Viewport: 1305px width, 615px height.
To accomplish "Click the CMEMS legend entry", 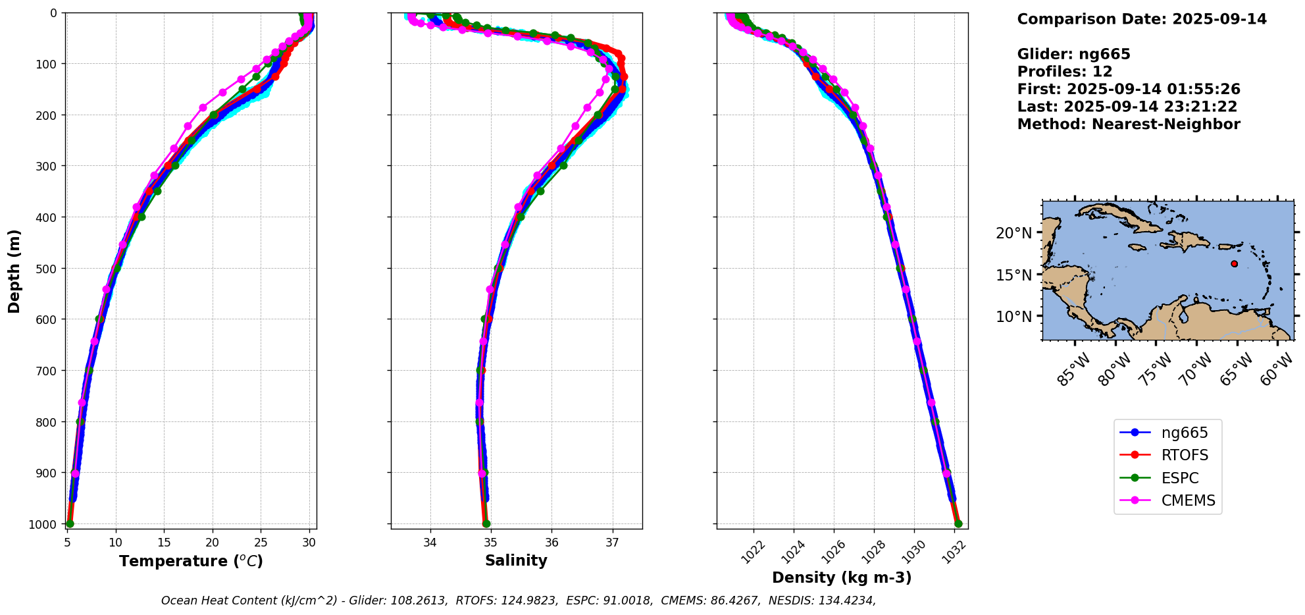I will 1188,500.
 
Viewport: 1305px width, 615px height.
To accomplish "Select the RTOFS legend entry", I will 1185,455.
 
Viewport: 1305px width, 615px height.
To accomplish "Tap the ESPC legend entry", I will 1180,478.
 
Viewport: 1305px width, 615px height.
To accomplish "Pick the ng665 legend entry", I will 1185,433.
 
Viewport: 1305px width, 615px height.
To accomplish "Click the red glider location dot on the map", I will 1234,263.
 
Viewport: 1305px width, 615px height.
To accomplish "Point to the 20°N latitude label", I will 1013,233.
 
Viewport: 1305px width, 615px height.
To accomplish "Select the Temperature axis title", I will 191,561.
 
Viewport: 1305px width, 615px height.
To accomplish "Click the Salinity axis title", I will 516,560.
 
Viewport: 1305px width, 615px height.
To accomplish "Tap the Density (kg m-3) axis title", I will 842,577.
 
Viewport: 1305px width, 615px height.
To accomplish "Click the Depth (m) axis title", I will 14,271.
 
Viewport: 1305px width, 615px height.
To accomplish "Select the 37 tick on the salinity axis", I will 613,543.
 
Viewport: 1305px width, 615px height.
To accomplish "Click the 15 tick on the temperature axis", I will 164,543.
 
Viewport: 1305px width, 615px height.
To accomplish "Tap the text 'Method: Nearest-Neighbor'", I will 1129,124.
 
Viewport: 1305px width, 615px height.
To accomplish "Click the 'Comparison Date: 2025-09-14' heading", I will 1142,19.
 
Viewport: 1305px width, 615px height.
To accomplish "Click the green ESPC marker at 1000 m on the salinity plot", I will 486,524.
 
